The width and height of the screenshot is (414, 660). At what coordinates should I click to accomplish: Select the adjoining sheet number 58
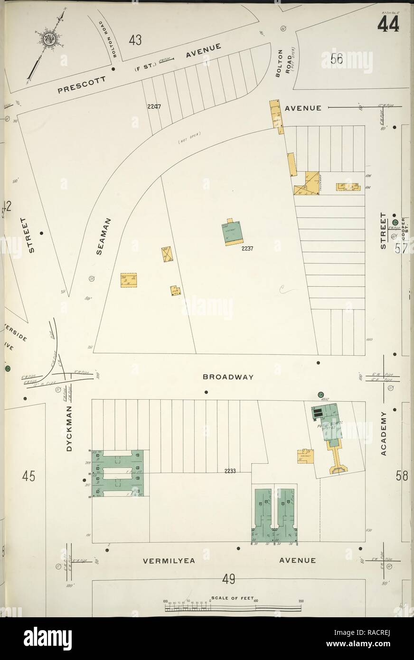pyautogui.click(x=402, y=476)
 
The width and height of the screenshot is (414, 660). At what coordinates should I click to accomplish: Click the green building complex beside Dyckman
pyautogui.click(x=117, y=472)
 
